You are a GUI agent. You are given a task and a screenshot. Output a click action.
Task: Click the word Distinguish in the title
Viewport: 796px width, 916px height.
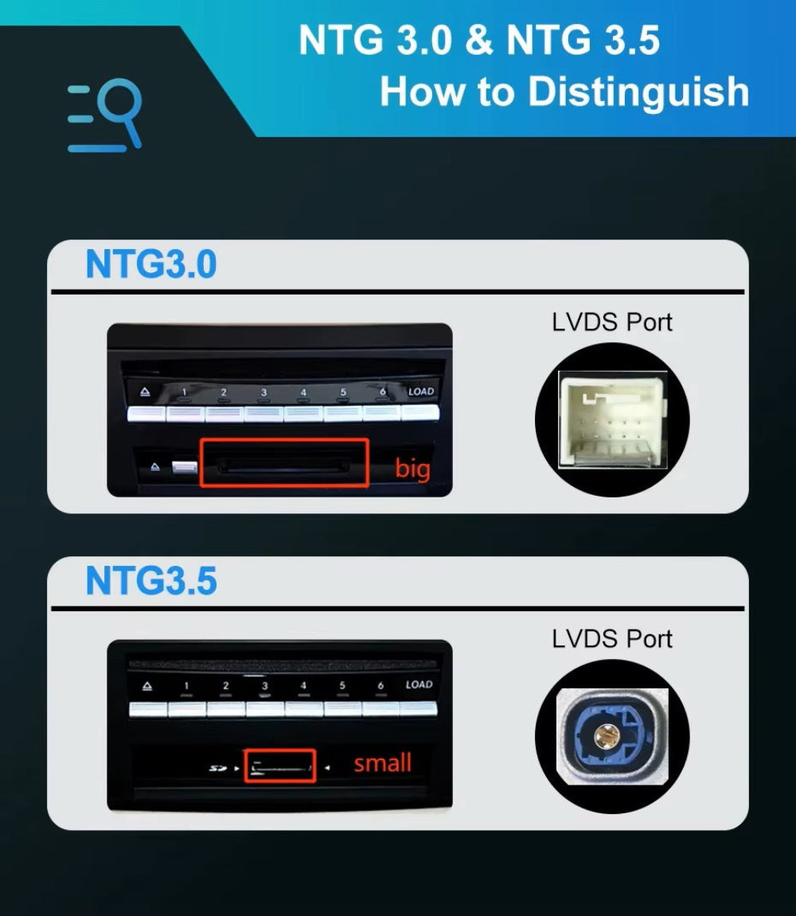coord(638,92)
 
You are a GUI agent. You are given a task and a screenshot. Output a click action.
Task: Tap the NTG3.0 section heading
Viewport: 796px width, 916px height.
coord(150,264)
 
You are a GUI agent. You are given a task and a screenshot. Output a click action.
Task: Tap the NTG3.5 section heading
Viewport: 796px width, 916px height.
coord(150,581)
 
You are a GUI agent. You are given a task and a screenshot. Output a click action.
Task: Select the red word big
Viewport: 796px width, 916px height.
coord(412,469)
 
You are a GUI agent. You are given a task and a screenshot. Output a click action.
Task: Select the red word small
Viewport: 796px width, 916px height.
coord(382,763)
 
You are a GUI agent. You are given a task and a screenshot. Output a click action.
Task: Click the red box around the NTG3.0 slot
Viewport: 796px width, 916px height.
coord(284,462)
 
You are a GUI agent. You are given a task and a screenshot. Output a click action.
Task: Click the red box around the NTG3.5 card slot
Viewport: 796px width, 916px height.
coord(279,766)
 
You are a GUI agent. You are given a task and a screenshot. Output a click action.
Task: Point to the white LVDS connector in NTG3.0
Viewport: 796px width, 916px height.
coord(611,419)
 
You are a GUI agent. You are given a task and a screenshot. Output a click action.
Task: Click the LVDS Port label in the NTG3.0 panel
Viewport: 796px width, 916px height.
coord(611,322)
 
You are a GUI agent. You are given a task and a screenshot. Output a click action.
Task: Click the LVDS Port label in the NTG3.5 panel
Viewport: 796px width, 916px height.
coord(611,638)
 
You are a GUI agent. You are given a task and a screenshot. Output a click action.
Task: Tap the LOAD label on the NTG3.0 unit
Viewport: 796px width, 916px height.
coord(421,392)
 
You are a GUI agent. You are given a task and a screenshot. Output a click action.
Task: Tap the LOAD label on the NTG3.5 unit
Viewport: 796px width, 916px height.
coord(419,684)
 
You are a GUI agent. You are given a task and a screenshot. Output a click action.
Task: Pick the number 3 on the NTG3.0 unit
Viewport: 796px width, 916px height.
coord(263,392)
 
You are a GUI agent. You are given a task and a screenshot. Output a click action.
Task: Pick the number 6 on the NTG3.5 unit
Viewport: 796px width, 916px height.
coord(380,686)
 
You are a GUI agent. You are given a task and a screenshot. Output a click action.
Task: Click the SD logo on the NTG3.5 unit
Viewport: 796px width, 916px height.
coord(217,769)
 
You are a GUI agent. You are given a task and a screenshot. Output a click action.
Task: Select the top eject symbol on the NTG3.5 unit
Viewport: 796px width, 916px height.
coord(146,686)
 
